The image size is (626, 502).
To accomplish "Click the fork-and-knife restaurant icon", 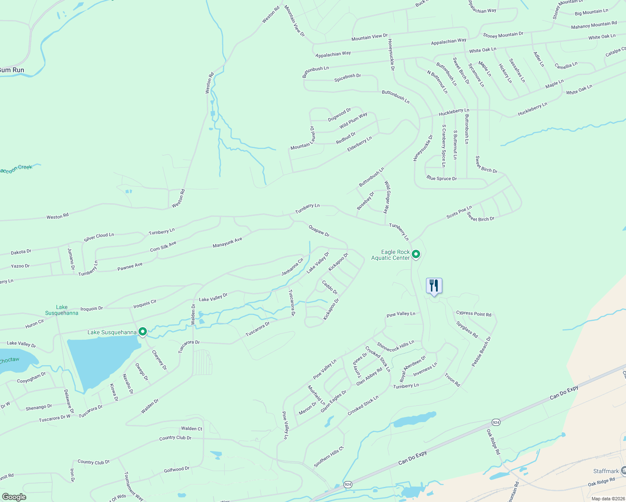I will coord(434,286).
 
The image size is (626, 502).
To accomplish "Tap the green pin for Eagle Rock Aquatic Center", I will coord(416,254).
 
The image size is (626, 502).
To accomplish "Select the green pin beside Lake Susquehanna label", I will coord(143,332).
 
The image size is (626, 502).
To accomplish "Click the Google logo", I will coord(14,497).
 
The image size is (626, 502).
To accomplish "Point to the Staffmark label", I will coord(606,471).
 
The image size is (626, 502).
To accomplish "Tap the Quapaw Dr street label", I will coord(319,231).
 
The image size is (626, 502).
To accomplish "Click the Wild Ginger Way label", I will coord(387,197).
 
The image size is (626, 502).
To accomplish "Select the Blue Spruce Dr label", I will coord(441,178).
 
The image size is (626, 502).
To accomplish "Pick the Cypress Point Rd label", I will coord(474,313).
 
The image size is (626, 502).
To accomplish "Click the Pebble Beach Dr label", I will coord(481,351).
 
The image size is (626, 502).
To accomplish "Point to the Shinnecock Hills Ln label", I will coord(395,346).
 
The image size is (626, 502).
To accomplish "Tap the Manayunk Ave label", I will coord(227,243).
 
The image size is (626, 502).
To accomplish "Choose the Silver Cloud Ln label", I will coord(99,237).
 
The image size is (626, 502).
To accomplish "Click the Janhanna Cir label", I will coord(292,267).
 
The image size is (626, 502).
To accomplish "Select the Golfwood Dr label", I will coord(177,470).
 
